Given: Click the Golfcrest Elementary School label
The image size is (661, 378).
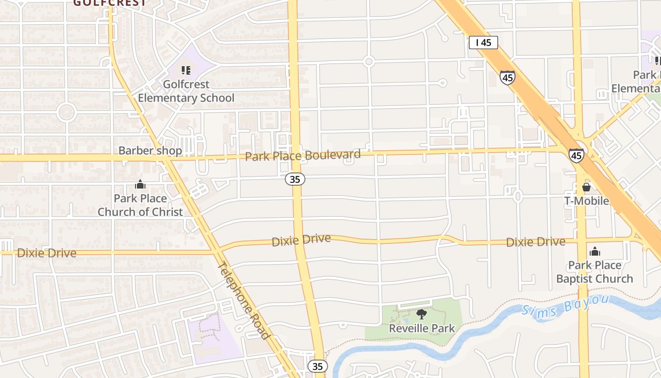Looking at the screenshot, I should point(186,91).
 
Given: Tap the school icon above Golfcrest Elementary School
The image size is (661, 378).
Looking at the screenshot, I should point(186,70).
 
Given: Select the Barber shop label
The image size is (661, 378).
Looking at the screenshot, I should point(150,151).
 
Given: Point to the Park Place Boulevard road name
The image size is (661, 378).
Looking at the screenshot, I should point(303,155).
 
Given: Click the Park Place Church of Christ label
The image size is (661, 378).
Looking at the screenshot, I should point(140,205).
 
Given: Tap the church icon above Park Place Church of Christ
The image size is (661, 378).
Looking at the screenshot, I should point(140,184).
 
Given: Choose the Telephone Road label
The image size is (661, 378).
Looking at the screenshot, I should point(244,301).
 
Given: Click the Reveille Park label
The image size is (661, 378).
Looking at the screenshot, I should point(422,328).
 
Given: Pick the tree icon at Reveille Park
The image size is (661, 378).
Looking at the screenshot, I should point(422,314).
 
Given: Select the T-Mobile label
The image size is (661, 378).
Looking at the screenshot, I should point(587,201).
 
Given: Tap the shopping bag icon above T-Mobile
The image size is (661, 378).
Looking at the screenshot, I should point(586,187).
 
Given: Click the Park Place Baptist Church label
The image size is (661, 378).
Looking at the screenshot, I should point(594,272).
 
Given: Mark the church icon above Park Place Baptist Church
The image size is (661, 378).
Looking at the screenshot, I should point(595,251).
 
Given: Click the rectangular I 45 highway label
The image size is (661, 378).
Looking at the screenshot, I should point(483,43).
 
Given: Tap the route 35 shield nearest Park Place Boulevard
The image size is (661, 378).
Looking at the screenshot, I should point(295,179).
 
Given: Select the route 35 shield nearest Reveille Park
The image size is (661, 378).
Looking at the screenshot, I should point(318,366).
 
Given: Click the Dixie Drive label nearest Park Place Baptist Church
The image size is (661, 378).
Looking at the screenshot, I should point(535,242).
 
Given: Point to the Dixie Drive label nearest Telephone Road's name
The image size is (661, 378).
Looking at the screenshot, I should point(301,240).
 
